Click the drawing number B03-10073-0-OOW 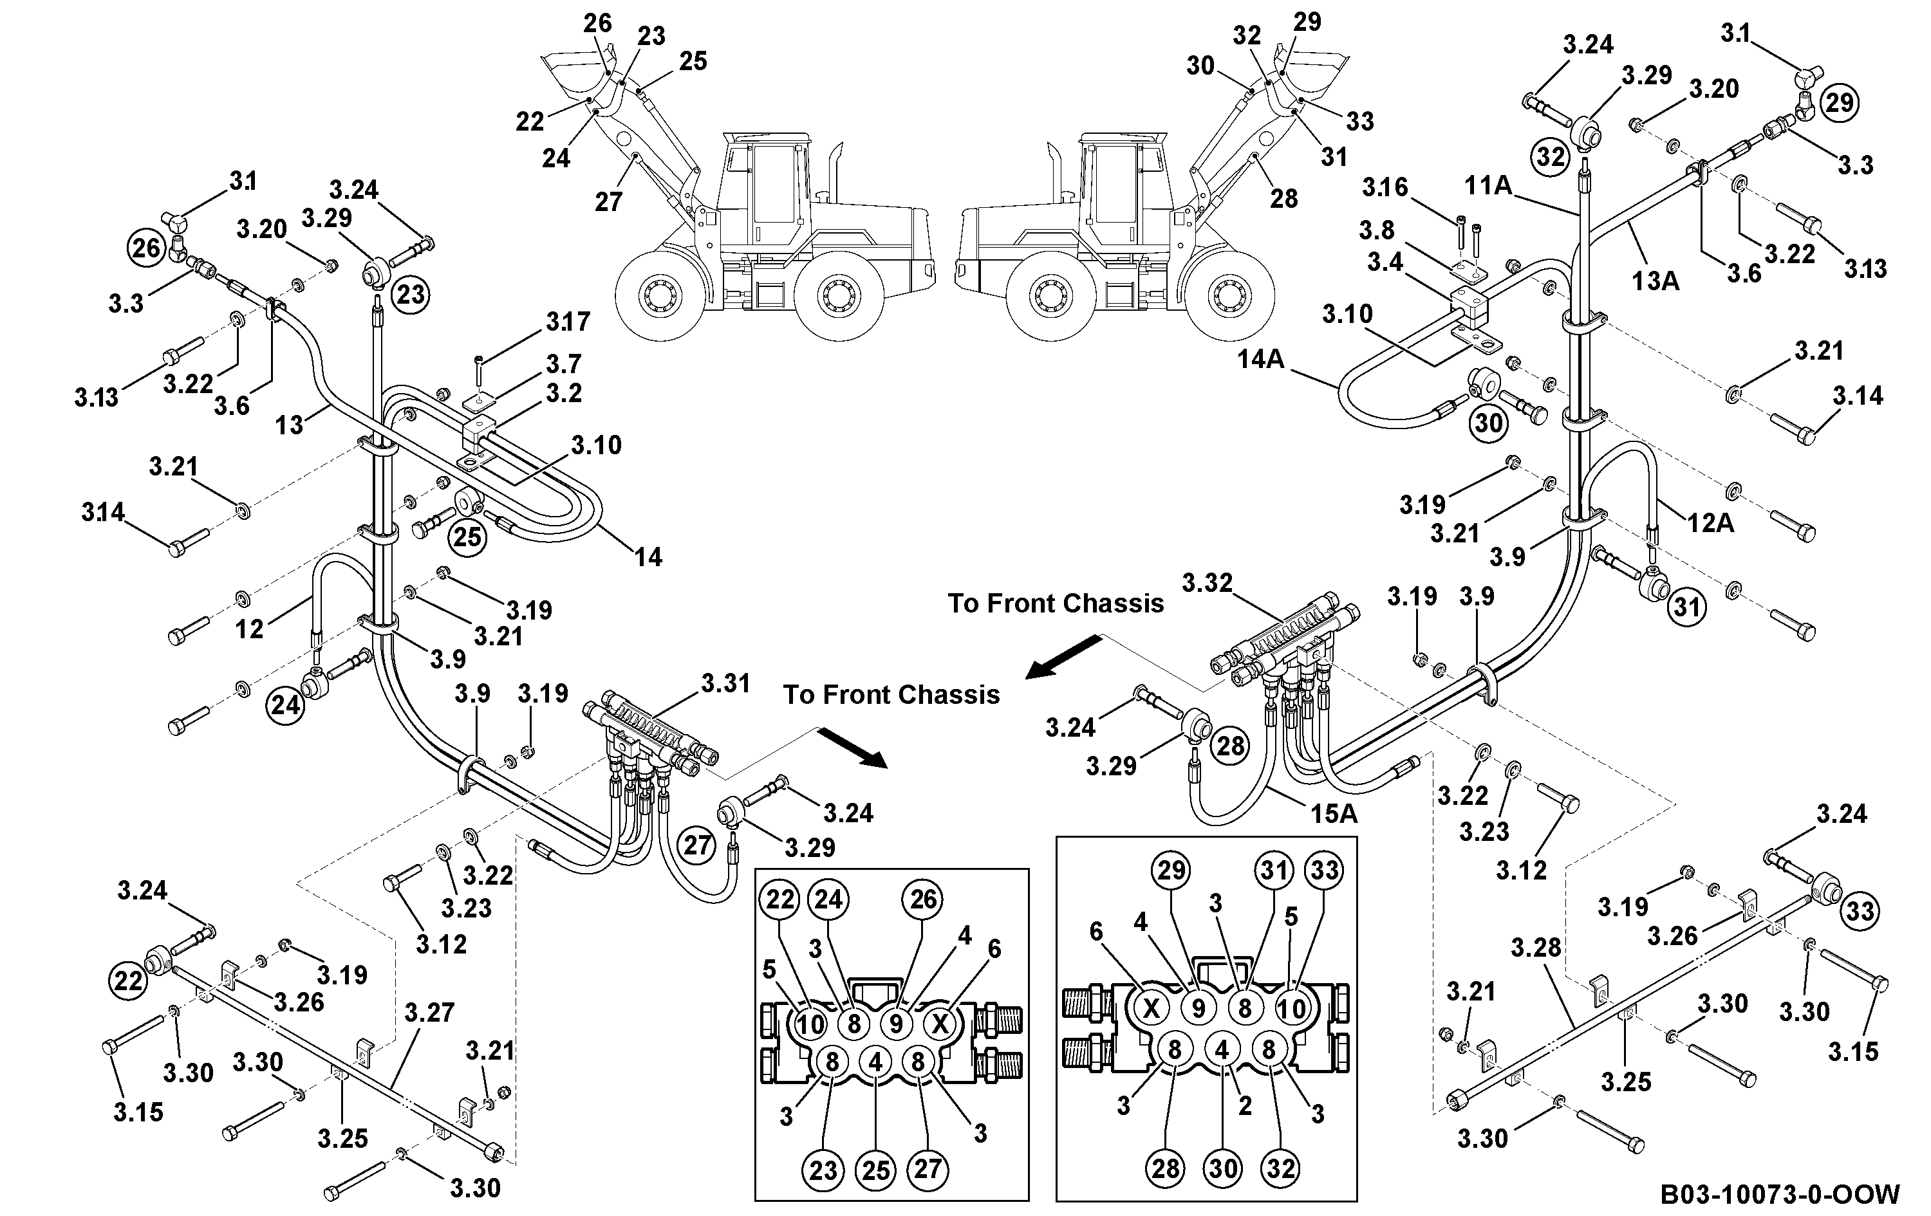[x=1778, y=1193]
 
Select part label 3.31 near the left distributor [x=725, y=684]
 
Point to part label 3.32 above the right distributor [x=1207, y=583]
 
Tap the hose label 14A [x=1260, y=359]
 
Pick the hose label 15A [x=1334, y=814]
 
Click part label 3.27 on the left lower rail [x=430, y=1013]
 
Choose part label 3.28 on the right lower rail [x=1536, y=948]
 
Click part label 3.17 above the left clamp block [x=568, y=322]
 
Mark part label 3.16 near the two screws [x=1385, y=188]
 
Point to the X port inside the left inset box [x=940, y=1024]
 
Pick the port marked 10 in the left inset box [x=810, y=1024]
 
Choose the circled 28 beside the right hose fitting [x=1230, y=746]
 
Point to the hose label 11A [x=1488, y=186]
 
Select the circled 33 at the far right [x=1860, y=910]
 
